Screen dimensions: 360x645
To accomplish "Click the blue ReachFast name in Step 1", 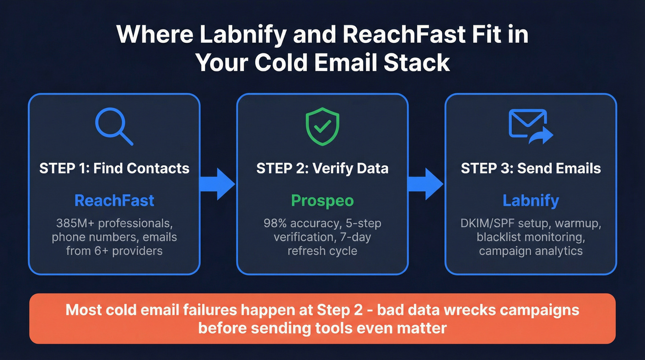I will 114,201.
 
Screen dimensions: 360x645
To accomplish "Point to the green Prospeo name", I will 322,201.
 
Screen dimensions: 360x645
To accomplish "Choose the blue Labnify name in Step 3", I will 530,201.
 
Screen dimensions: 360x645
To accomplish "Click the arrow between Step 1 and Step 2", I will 217,184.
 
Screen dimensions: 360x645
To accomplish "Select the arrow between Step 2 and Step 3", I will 426,184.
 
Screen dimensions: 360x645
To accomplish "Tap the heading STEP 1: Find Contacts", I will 114,168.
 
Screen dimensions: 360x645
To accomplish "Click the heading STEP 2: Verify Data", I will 322,168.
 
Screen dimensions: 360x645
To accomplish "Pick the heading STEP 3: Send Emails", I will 531,168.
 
